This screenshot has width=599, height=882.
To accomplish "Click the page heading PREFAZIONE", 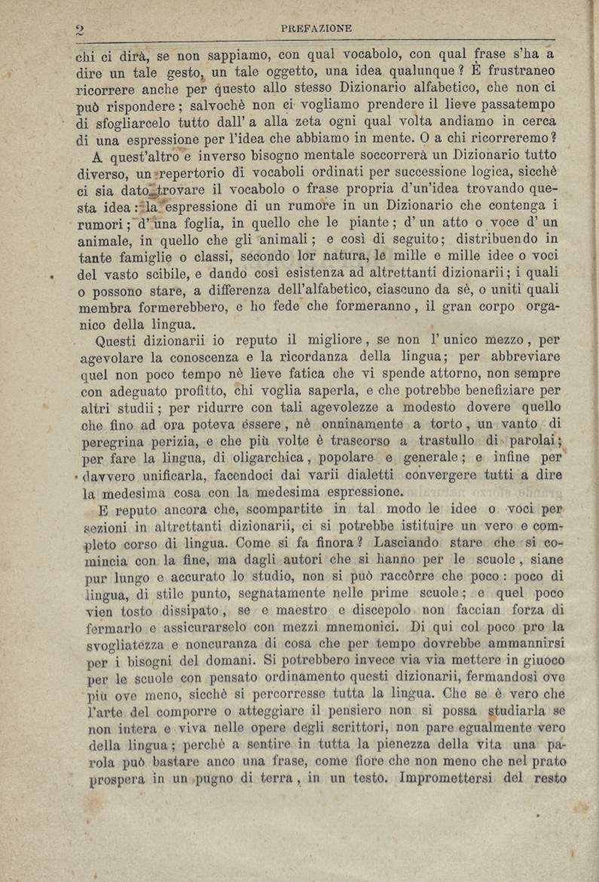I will (316, 29).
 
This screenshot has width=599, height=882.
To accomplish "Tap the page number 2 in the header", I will (78, 30).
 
